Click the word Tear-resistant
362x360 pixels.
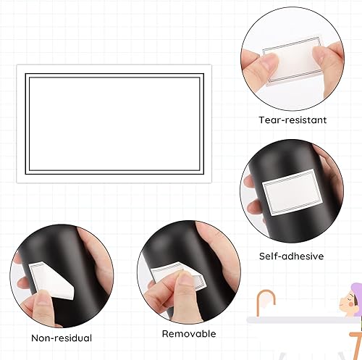(292, 120)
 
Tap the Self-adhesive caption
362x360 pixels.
(291, 256)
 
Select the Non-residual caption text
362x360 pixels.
(62, 338)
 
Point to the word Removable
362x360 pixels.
(188, 334)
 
